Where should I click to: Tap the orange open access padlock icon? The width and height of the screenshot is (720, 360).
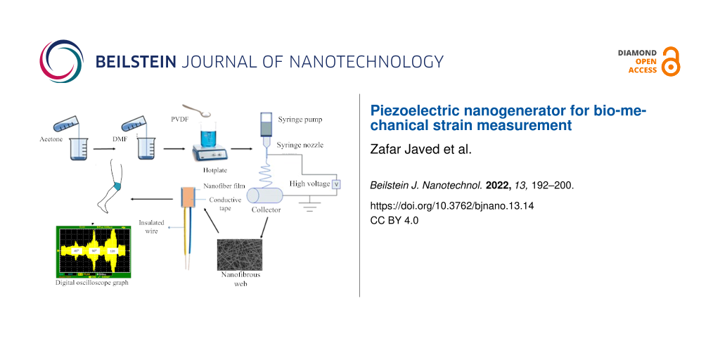pyautogui.click(x=671, y=62)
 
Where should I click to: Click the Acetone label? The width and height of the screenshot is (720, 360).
pyautogui.click(x=51, y=139)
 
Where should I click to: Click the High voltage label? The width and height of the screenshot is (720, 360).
pyautogui.click(x=309, y=184)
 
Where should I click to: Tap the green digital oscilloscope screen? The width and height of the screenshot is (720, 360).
pyautogui.click(x=93, y=252)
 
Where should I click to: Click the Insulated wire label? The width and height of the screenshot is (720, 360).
pyautogui.click(x=151, y=226)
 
